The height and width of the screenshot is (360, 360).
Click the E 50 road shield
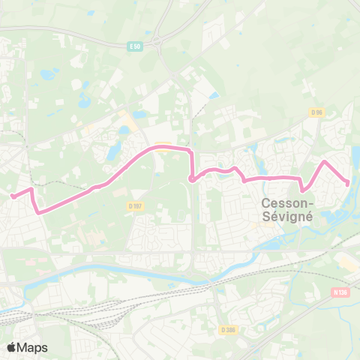tap(135, 46)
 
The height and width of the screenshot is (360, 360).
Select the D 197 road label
tap(135, 205)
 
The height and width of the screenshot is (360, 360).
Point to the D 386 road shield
tap(229, 328)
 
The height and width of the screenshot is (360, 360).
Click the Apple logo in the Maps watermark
tap(12, 347)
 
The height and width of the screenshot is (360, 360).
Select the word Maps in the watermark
tap(34, 347)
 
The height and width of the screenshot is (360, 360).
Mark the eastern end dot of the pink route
tap(348, 184)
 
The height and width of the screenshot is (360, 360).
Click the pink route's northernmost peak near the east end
tap(325, 161)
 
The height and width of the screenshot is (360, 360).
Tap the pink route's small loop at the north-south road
tap(192, 178)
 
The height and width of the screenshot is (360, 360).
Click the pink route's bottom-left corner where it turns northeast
tap(38, 211)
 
